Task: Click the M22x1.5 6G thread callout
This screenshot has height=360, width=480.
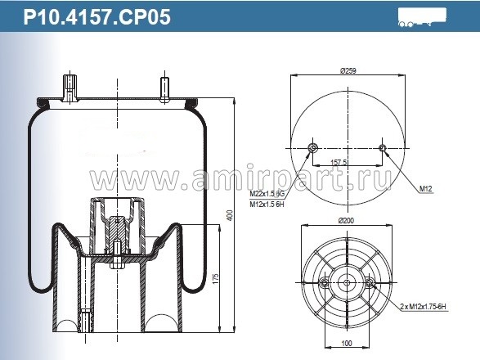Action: point(267,193)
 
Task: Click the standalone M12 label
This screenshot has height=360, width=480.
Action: point(425,189)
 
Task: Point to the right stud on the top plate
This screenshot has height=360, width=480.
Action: point(164,88)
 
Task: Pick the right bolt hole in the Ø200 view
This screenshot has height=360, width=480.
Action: point(371,283)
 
